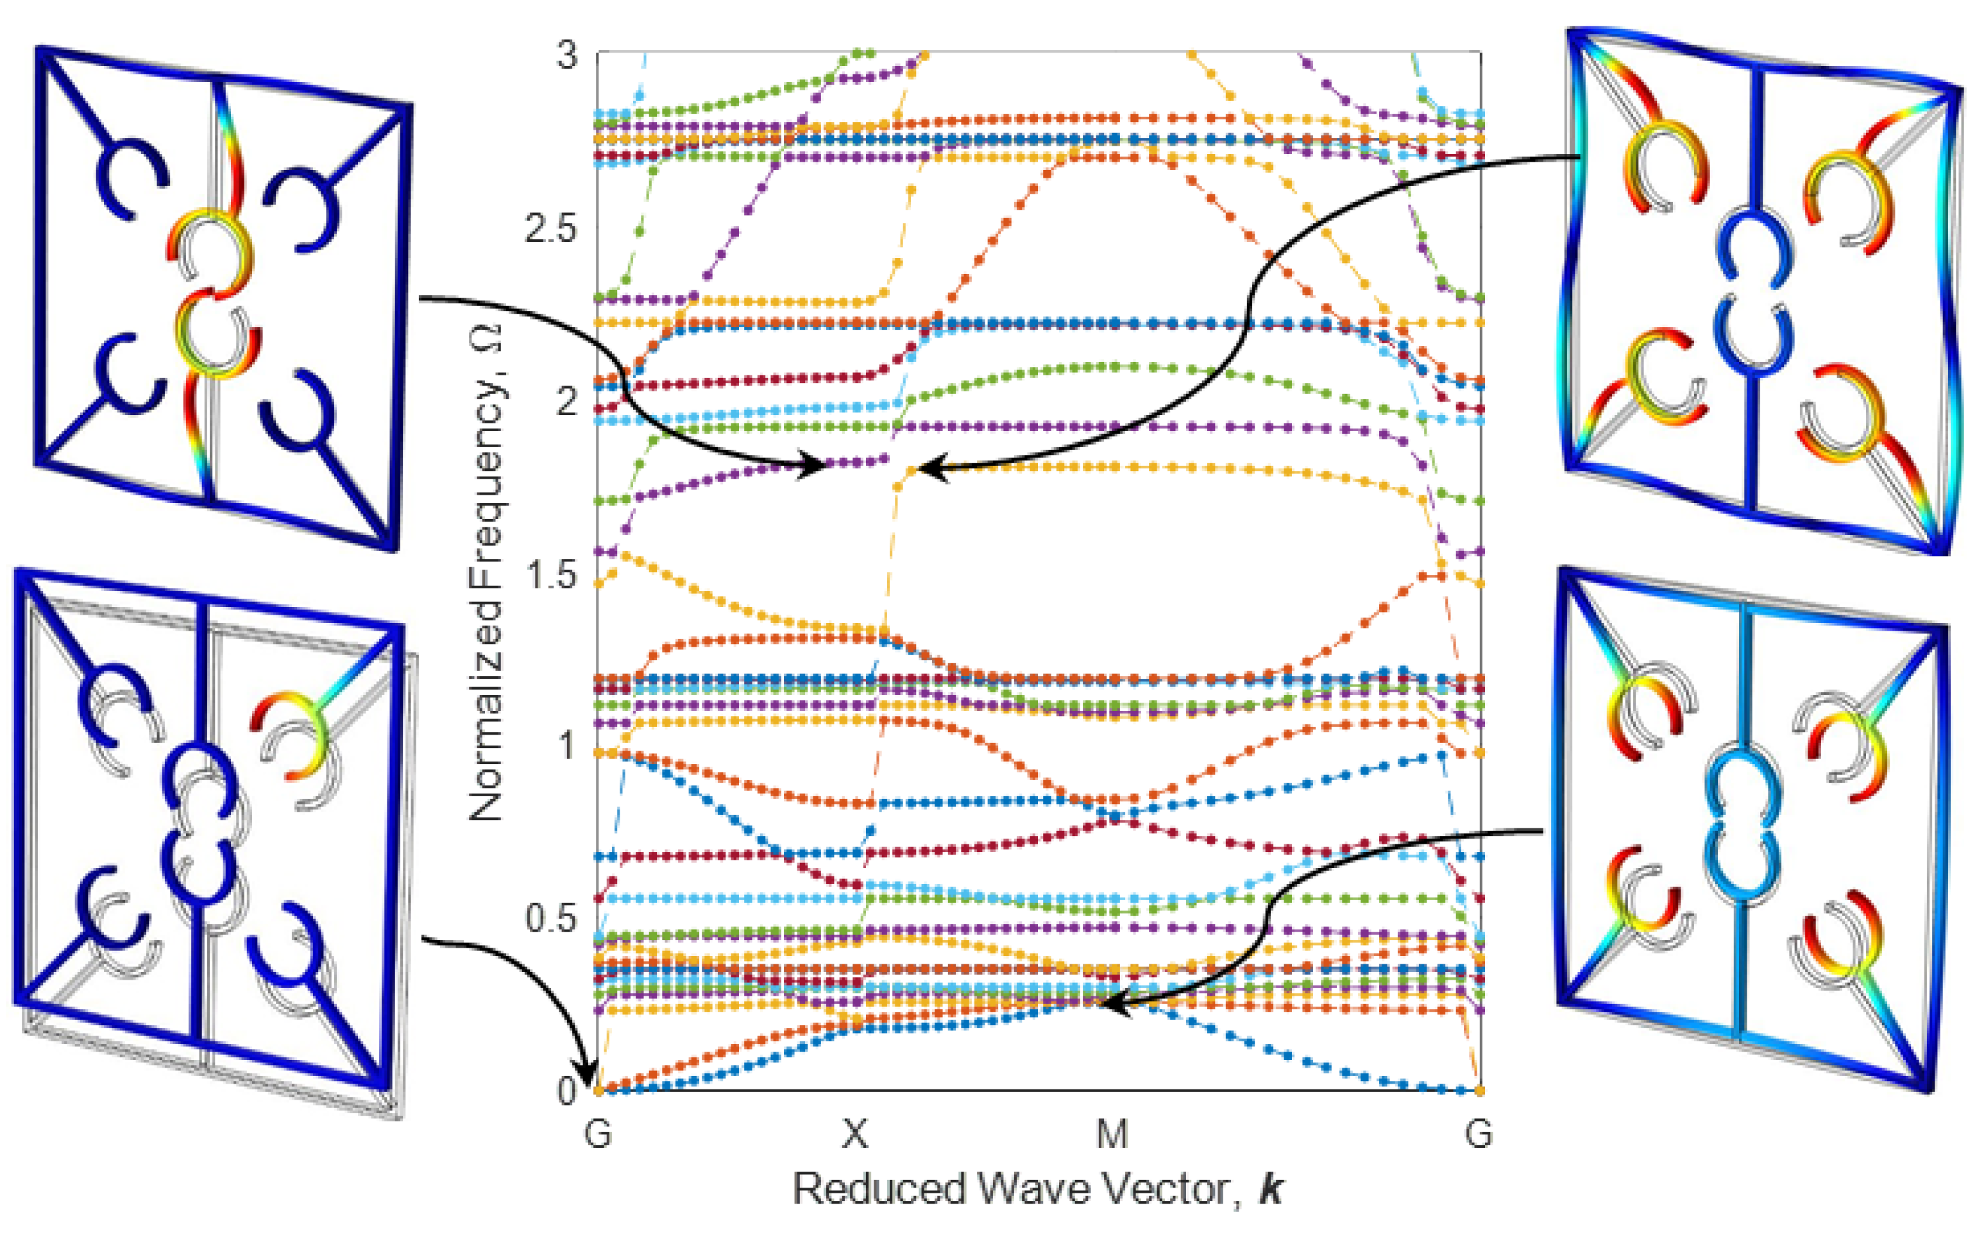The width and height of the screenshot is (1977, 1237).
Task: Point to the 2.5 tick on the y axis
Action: click(550, 229)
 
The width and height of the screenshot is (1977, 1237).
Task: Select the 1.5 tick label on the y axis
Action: click(550, 575)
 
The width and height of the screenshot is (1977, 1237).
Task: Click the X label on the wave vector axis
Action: click(855, 1134)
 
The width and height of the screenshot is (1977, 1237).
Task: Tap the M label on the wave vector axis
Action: click(1112, 1134)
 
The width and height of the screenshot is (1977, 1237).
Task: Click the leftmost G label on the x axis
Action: click(598, 1134)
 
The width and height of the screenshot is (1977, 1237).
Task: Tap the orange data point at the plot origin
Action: click(598, 1089)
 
